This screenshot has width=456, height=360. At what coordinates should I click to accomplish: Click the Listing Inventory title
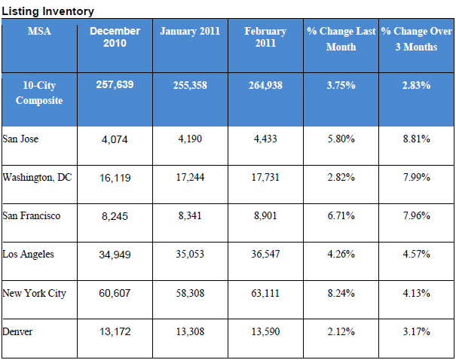click(x=47, y=11)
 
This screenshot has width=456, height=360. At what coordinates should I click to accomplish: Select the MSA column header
click(x=38, y=32)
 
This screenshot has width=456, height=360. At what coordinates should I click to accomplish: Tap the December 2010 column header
click(x=115, y=37)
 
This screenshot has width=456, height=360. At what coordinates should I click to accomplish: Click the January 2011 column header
click(x=190, y=32)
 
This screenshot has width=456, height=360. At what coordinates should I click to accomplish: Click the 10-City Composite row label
click(x=38, y=93)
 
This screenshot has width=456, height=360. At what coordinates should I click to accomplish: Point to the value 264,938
click(x=265, y=86)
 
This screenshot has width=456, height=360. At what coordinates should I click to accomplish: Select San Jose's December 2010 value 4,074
click(x=115, y=139)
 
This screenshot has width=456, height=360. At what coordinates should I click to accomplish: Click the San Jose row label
click(x=21, y=139)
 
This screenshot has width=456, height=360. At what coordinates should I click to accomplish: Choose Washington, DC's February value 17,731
click(x=265, y=178)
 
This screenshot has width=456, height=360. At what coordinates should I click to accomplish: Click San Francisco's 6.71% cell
click(x=341, y=216)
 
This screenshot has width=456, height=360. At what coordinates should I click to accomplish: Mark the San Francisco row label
click(x=32, y=215)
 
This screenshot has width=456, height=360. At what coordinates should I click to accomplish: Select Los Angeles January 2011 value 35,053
click(x=190, y=255)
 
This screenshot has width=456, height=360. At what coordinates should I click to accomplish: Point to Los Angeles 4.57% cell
click(x=416, y=255)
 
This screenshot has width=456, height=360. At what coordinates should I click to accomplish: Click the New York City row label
click(x=34, y=293)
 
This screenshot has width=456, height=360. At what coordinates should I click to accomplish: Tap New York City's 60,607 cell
click(x=115, y=293)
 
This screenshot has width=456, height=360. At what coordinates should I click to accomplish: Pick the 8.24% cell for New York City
click(x=341, y=293)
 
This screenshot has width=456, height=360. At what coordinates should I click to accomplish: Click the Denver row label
click(x=18, y=331)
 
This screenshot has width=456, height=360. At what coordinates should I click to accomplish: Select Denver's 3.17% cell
click(x=416, y=331)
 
